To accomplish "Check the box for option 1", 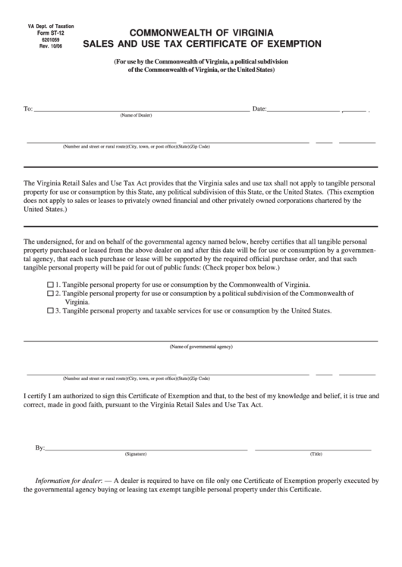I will click(x=51, y=284).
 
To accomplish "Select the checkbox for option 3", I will click(x=51, y=310).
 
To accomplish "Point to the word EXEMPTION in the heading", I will click(x=288, y=45).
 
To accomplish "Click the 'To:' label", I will click(x=28, y=109).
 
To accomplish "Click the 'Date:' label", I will click(x=259, y=109).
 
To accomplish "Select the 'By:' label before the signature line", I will click(x=40, y=448).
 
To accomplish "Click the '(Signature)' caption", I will click(x=136, y=454).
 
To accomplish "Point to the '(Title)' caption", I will click(x=316, y=454).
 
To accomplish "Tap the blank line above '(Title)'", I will click(x=313, y=450).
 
